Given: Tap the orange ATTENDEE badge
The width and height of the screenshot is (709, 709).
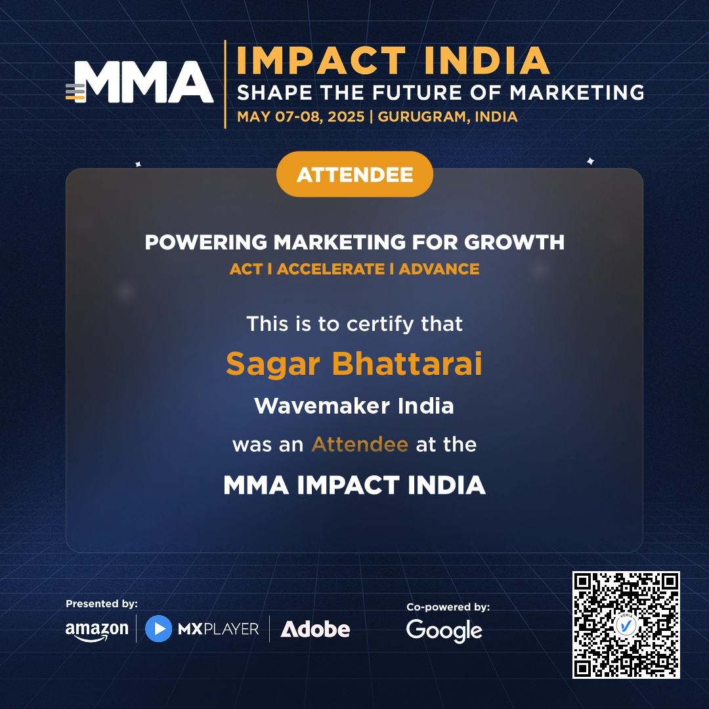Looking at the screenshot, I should (x=354, y=175).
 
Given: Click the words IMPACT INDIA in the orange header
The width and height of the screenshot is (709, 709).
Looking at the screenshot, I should (x=393, y=60).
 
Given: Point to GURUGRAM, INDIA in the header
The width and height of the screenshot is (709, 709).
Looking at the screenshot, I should (x=448, y=117).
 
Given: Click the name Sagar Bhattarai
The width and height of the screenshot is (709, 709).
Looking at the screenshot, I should (x=354, y=364).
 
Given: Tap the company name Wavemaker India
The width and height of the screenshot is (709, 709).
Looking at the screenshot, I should (x=354, y=406).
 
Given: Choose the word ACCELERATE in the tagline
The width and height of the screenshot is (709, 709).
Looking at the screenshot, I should (x=331, y=269).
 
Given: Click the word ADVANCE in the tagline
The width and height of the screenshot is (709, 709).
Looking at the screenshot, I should (x=439, y=269).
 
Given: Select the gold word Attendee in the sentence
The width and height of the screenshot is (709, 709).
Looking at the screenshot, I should (x=360, y=444).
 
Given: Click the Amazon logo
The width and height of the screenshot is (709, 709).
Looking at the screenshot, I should (x=97, y=630).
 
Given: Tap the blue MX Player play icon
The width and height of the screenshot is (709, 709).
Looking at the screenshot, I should (x=158, y=628).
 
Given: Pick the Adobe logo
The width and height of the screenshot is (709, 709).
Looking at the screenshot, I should (x=315, y=630).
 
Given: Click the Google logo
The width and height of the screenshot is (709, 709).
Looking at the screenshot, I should (x=444, y=631).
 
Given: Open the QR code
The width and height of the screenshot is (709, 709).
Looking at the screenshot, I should (x=626, y=624).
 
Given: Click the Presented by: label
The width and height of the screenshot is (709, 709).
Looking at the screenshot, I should (x=102, y=604).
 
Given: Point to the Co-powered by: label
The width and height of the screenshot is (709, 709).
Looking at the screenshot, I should (x=448, y=607).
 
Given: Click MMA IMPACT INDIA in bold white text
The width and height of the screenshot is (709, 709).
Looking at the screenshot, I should (x=354, y=486).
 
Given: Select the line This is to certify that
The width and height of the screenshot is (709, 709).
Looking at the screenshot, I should (x=354, y=324).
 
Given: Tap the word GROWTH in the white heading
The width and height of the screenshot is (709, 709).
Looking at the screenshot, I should (x=514, y=242).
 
